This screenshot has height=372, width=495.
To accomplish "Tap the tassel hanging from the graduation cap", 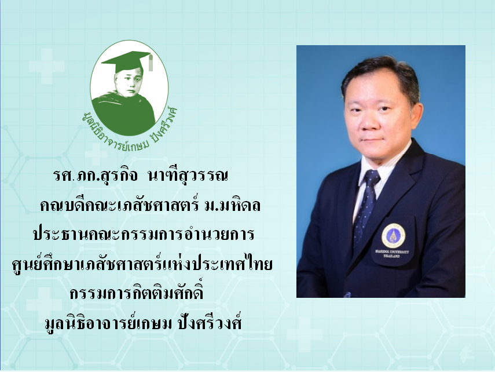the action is [x=151, y=63].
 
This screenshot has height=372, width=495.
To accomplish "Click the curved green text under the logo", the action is [x=129, y=130].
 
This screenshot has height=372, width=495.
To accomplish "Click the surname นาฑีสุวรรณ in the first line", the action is [x=187, y=176].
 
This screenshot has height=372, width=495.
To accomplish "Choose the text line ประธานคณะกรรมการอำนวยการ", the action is [x=144, y=235].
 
